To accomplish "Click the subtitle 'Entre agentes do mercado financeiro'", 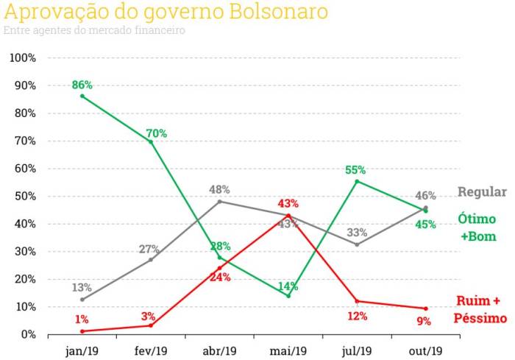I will [94, 31].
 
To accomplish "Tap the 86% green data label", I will [82, 85].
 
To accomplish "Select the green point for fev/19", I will [151, 141].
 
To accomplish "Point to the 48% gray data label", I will [219, 189].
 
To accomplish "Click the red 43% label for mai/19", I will [288, 203].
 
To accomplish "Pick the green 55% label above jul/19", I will [357, 170].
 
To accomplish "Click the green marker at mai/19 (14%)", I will [288, 296].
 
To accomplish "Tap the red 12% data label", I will [357, 316].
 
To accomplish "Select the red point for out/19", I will [425, 308].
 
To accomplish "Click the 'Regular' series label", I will [482, 192].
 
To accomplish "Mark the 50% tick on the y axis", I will [26, 197].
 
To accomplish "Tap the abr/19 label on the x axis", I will [219, 350].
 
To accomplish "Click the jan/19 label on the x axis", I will [82, 350].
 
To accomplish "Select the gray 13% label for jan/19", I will [82, 288].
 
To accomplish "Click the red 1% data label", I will [82, 319].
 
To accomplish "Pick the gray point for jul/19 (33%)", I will [357, 244].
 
